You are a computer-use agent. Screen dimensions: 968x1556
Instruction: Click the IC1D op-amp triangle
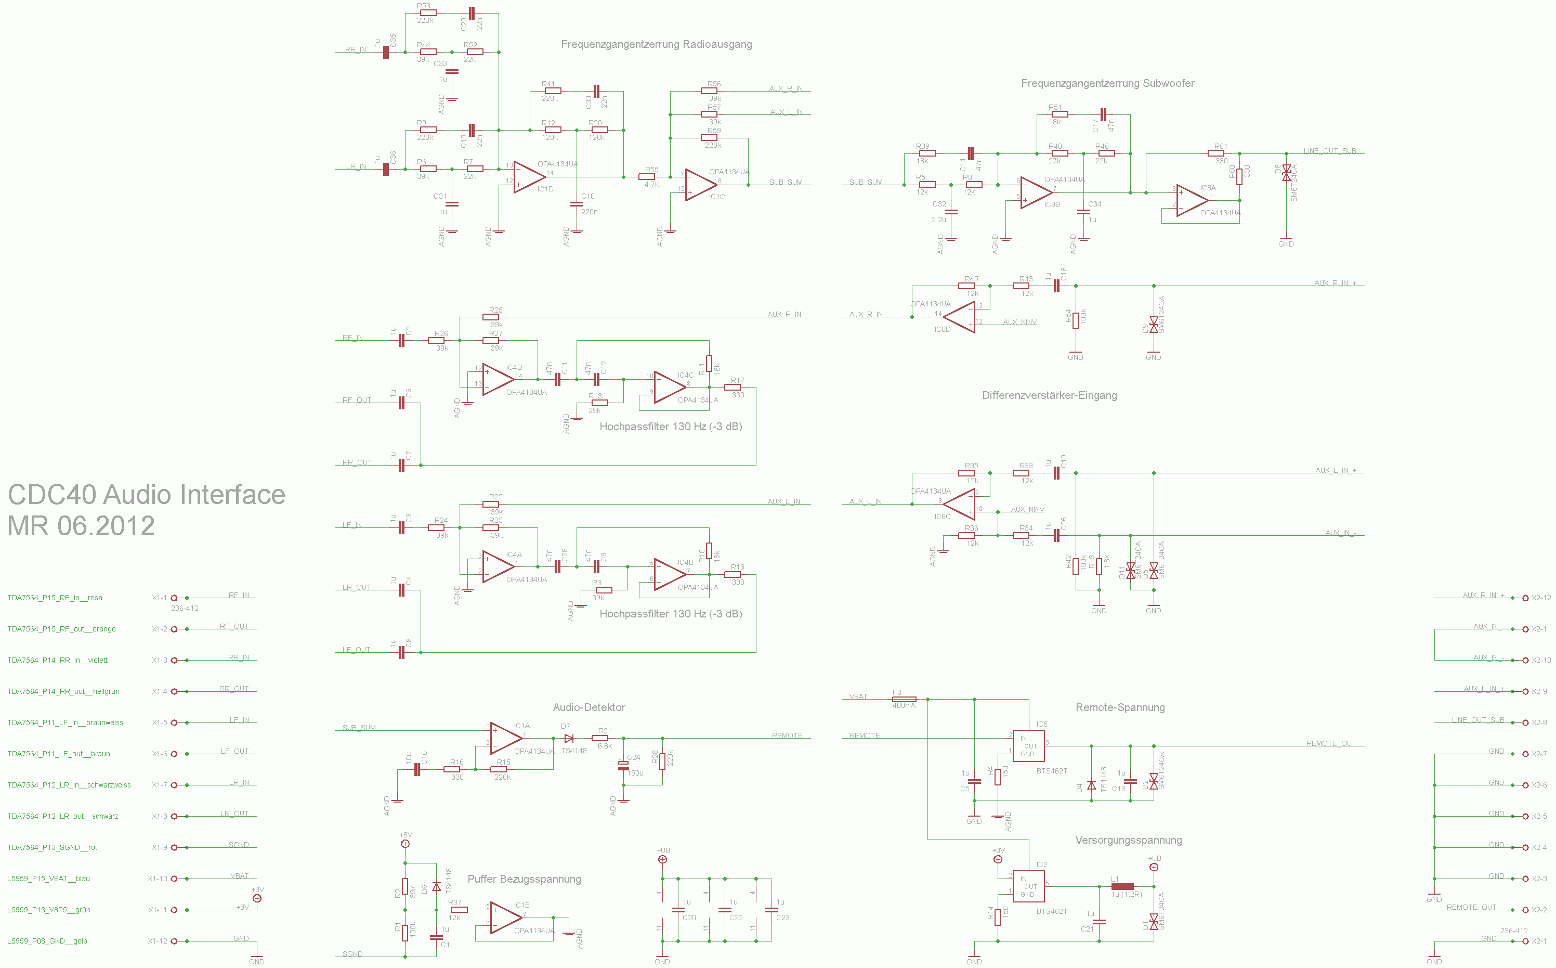pyautogui.click(x=529, y=177)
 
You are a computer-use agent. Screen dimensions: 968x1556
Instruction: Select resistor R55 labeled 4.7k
pyautogui.click(x=647, y=177)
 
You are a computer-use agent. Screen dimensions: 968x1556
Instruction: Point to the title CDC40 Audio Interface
pyautogui.click(x=146, y=495)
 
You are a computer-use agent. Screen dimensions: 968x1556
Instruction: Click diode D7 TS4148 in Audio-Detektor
pyautogui.click(x=568, y=739)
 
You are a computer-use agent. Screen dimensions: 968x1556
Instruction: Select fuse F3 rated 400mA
pyautogui.click(x=904, y=699)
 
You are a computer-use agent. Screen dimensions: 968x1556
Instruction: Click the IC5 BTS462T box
pyautogui.click(x=1028, y=746)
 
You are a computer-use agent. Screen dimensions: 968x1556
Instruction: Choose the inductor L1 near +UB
pyautogui.click(x=1122, y=887)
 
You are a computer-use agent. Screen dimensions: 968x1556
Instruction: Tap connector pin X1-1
pyautogui.click(x=174, y=598)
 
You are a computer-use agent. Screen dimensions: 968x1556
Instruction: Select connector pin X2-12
pyautogui.click(x=1525, y=598)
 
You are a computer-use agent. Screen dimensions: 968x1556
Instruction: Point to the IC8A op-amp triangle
pyautogui.click(x=1192, y=200)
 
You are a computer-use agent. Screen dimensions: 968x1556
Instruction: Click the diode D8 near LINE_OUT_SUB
pyautogui.click(x=1286, y=173)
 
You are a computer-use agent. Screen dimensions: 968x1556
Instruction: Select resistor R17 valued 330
pyautogui.click(x=732, y=388)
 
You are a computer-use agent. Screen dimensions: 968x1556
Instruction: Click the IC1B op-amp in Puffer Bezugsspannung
pyautogui.click(x=505, y=918)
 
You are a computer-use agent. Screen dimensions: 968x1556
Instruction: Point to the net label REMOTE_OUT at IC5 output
pyautogui.click(x=1331, y=743)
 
